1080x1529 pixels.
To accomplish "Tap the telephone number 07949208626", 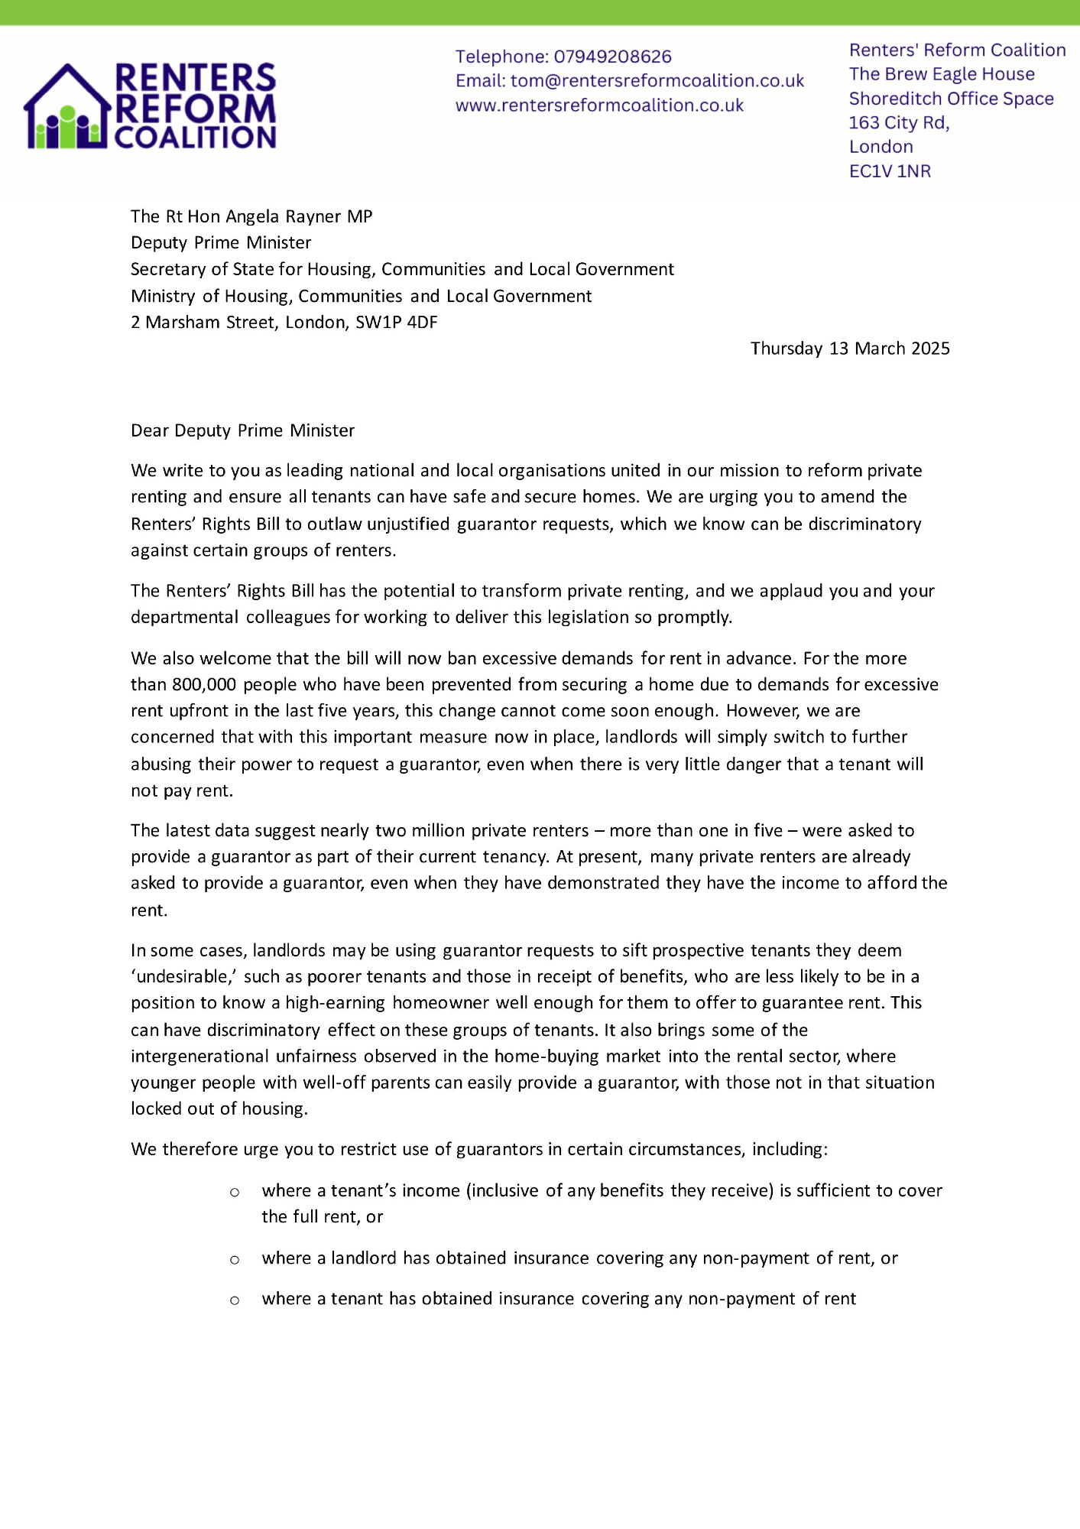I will (x=612, y=57).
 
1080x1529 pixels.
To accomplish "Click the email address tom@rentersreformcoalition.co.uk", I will (x=657, y=81).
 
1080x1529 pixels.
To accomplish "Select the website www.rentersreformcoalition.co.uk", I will (x=599, y=106).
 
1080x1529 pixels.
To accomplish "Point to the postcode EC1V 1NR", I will (x=890, y=171).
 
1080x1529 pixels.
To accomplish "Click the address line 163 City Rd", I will (x=899, y=122).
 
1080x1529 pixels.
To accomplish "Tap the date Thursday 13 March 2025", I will (x=850, y=349).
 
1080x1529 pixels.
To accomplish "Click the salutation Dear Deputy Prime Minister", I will (x=242, y=430).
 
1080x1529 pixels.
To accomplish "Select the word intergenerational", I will (x=199, y=1057).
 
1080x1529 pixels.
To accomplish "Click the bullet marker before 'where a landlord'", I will (x=235, y=1259).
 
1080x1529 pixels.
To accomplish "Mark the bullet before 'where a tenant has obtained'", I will (x=235, y=1300).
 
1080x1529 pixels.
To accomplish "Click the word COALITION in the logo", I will (x=195, y=138).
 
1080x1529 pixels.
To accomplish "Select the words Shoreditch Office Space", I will (x=951, y=99).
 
